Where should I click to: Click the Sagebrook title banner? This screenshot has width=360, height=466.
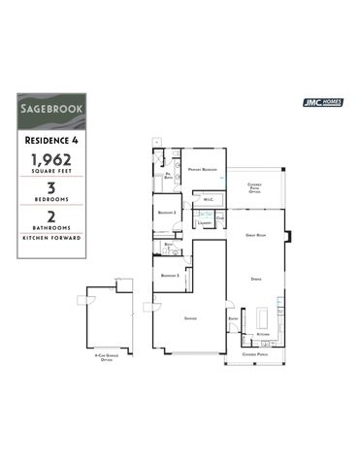[x=51, y=111]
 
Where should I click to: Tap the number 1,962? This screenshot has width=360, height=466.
[x=51, y=159]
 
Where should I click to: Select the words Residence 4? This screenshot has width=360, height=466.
[x=51, y=140]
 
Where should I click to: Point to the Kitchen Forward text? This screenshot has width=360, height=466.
[x=51, y=238]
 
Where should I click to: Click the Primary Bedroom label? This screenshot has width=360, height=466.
[x=202, y=167]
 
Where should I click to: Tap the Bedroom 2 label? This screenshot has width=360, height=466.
[x=167, y=211]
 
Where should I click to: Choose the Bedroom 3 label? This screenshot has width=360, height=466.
[x=171, y=276]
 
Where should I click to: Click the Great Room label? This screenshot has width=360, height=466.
[x=256, y=235]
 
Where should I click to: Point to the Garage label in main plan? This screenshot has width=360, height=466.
[x=189, y=318]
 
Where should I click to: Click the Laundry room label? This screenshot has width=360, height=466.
[x=204, y=222]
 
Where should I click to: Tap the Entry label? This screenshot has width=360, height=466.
[x=233, y=317]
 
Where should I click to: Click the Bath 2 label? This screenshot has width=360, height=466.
[x=168, y=245]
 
